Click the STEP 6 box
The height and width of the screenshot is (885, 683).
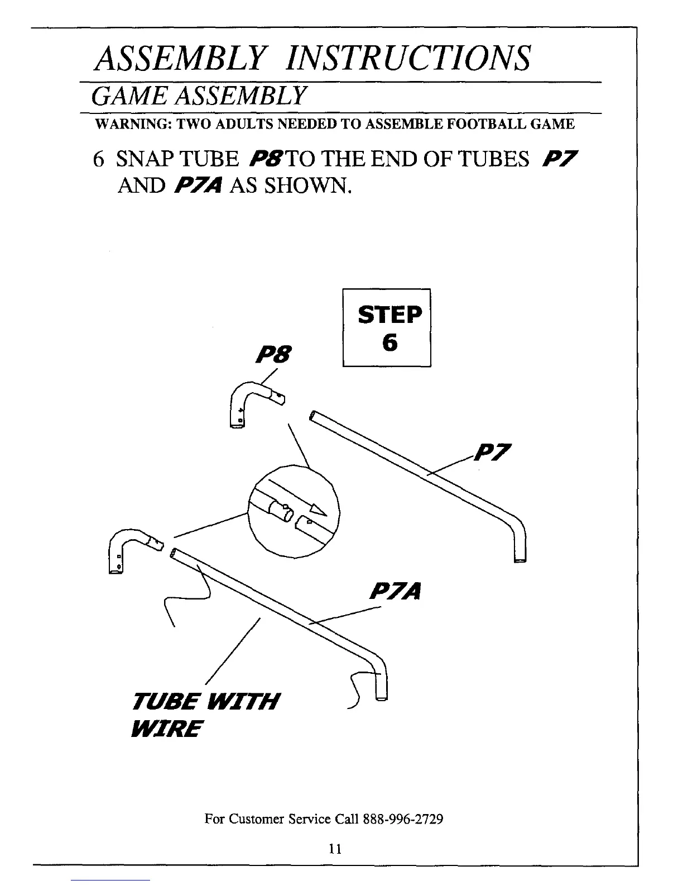pos(387,328)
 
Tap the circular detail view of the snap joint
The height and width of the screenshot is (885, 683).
pos(293,510)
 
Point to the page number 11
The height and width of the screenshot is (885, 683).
pos(335,849)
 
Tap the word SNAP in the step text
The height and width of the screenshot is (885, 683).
pos(145,160)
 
